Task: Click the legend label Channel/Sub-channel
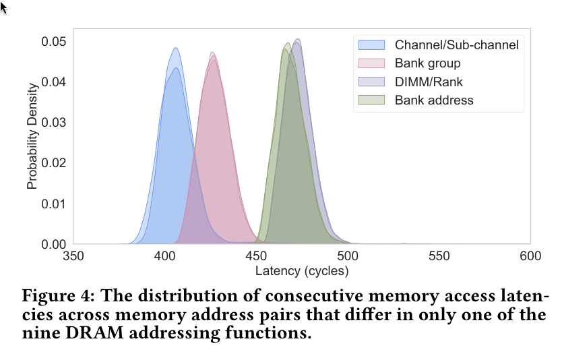457,46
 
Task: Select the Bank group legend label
427,64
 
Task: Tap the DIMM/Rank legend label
429,82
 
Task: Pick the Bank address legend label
434,100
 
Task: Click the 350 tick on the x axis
73,257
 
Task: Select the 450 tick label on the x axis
256,257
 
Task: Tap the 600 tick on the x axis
530,257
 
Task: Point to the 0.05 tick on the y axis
53,42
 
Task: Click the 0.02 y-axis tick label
53,163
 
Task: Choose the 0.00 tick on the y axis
53,244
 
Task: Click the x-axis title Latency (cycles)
302,271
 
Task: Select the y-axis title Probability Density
32,137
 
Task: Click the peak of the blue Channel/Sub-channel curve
175,48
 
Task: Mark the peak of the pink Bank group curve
212,53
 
